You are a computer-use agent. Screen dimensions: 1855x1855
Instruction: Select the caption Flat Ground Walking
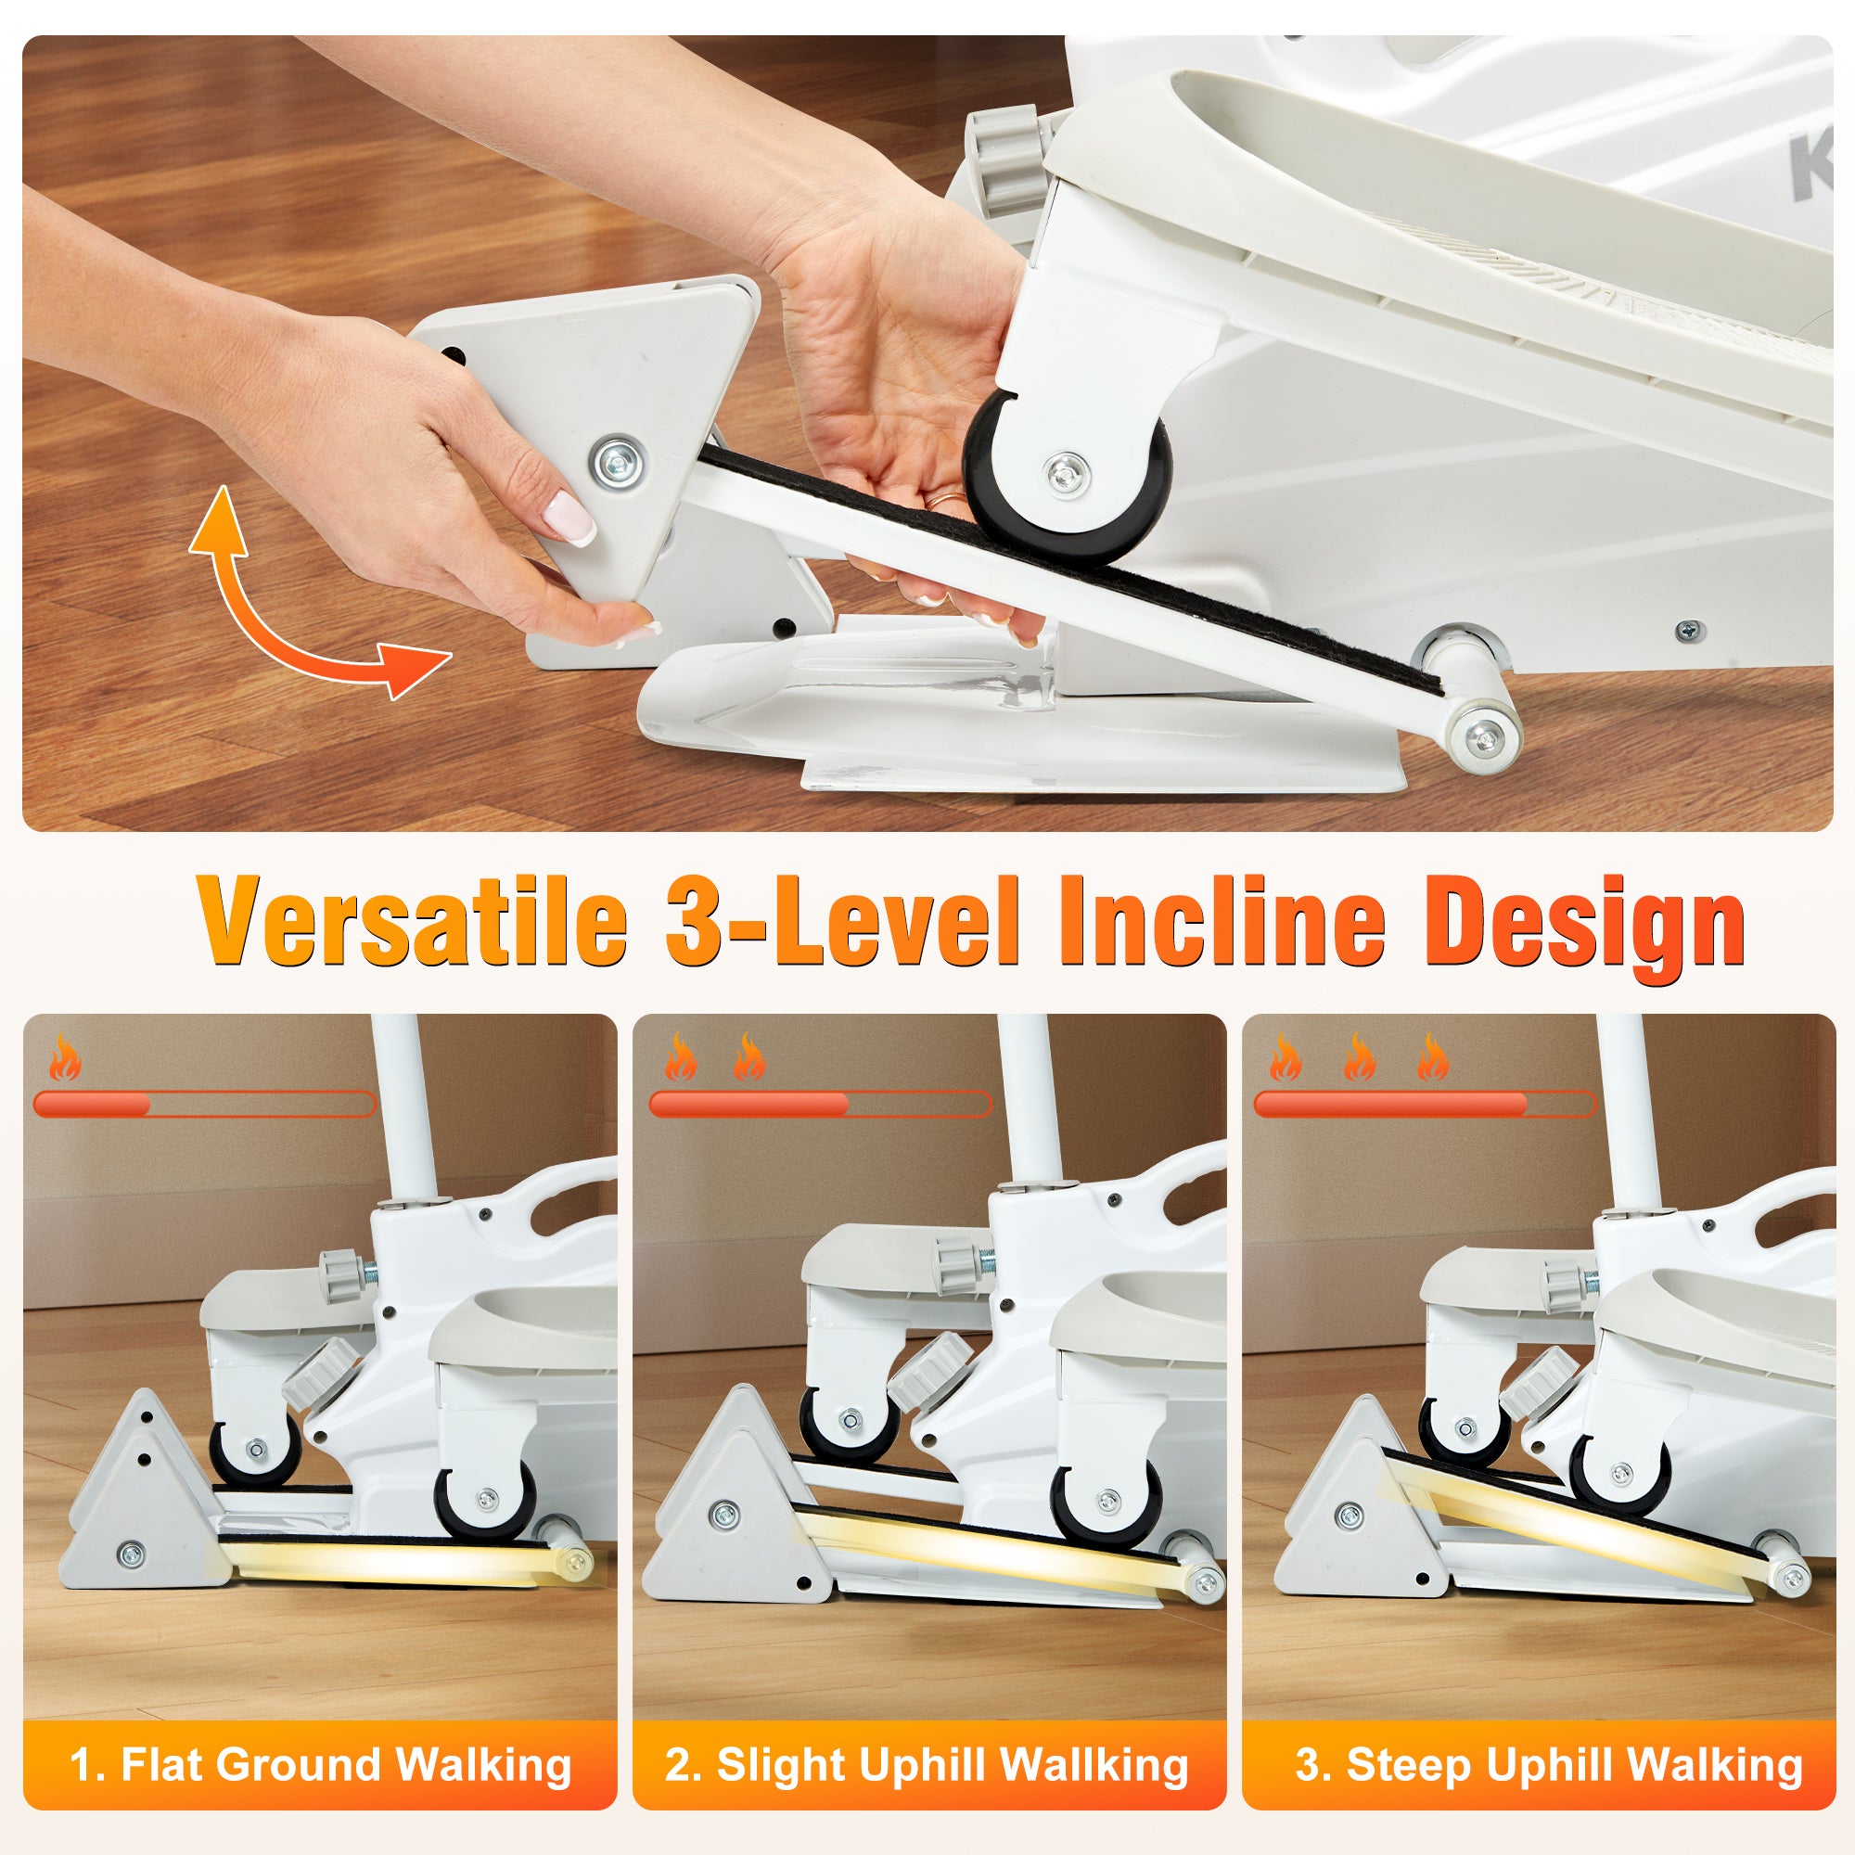[x=321, y=1765]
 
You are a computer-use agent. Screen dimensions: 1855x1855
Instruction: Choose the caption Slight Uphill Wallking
[x=927, y=1765]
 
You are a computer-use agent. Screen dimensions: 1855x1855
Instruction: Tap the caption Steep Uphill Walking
[x=1548, y=1765]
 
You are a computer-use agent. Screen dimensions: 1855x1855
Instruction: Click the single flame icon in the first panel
[x=65, y=1057]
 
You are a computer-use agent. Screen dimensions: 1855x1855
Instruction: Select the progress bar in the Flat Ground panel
[x=203, y=1104]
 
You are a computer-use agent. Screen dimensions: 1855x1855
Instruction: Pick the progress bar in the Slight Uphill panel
[x=820, y=1104]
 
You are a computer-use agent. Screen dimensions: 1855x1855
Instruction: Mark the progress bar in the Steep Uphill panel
[x=1425, y=1104]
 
